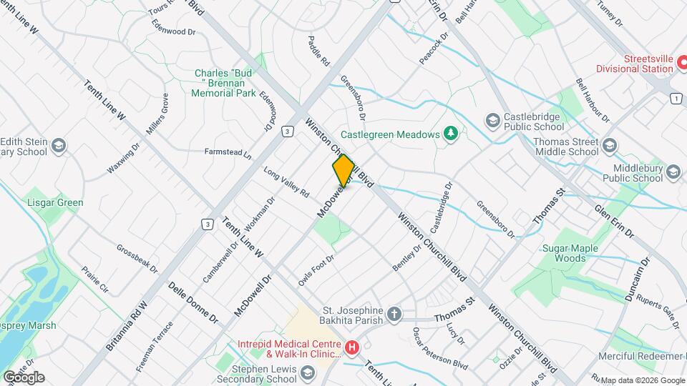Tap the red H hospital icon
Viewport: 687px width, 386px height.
coord(352,348)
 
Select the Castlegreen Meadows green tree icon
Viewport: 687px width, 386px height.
coord(451,134)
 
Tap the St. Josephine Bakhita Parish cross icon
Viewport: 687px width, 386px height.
coord(394,314)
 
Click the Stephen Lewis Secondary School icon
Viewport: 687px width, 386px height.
coord(307,372)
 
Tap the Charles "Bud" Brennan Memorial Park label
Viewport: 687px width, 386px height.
coord(225,83)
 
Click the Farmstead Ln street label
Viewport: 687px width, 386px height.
coord(228,152)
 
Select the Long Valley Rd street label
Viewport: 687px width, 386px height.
coord(286,183)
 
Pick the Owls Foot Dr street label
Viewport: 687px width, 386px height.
coord(317,269)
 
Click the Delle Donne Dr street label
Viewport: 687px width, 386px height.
coord(193,302)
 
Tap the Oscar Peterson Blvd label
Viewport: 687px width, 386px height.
coord(439,349)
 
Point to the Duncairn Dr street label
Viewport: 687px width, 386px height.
coord(637,279)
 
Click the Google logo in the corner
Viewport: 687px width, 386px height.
coord(24,377)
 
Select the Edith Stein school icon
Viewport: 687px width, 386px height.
coord(59,147)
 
